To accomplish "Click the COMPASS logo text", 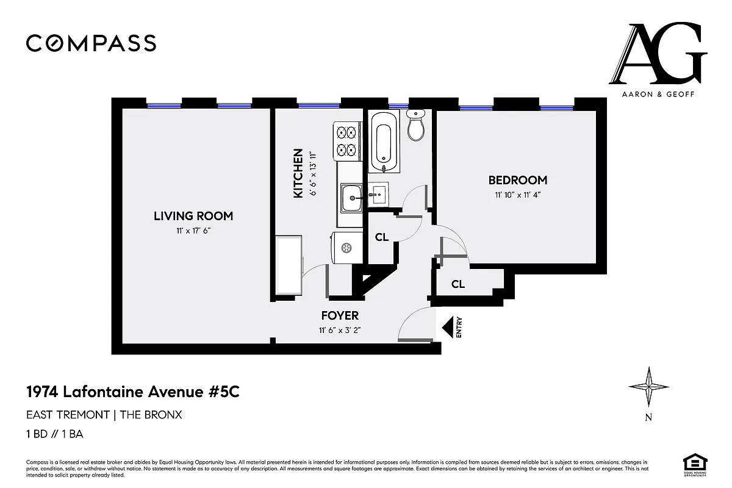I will point(91,43).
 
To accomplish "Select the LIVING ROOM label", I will point(193,216).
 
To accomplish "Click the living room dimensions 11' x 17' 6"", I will point(193,231).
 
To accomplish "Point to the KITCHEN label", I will point(298,173).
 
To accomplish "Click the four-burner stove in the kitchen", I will point(346,140).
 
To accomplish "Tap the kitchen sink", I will point(351,198).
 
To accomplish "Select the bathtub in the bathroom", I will point(384,142).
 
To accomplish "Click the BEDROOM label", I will point(517,181).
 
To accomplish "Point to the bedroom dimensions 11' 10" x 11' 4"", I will point(517,195).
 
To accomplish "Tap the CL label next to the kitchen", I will point(382,237).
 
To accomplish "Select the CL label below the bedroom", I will point(458,284).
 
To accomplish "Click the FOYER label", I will point(340,316).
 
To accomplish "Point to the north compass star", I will point(649,387).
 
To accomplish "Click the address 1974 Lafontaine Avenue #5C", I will point(132,392).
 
